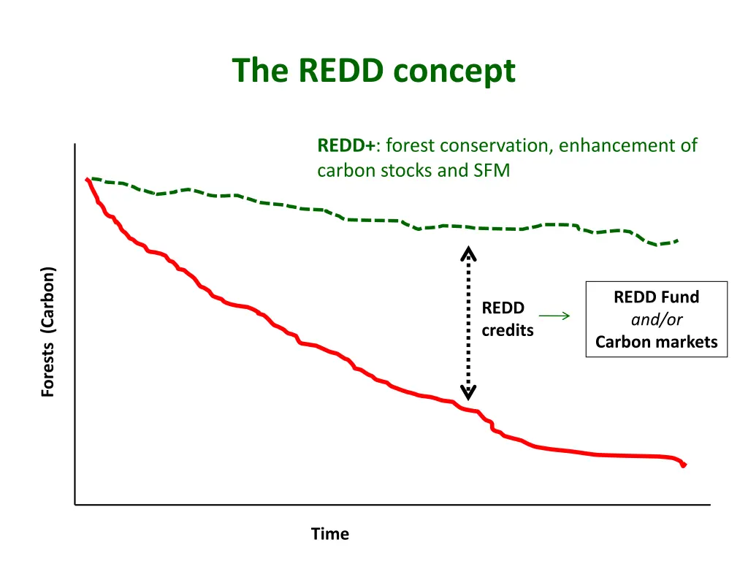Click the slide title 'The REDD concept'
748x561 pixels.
click(x=373, y=71)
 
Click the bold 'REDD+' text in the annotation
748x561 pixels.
click(x=346, y=145)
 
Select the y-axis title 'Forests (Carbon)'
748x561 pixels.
click(x=48, y=332)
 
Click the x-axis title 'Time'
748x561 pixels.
click(x=329, y=534)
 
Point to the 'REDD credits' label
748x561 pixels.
click(x=507, y=319)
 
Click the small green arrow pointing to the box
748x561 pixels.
click(x=554, y=316)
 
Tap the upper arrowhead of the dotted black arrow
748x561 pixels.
click(x=468, y=253)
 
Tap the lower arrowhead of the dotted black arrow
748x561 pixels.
click(x=468, y=392)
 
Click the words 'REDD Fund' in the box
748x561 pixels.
click(x=656, y=297)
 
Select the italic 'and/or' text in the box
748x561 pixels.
click(x=656, y=319)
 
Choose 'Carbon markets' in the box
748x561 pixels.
click(x=656, y=342)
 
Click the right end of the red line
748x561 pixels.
click(x=684, y=465)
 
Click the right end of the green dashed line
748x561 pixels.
click(x=678, y=240)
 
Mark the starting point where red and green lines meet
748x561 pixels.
click(x=88, y=178)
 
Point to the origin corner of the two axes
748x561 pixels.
click(x=75, y=504)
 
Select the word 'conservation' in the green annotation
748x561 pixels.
click(x=505, y=145)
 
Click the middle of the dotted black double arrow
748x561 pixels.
click(x=468, y=323)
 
